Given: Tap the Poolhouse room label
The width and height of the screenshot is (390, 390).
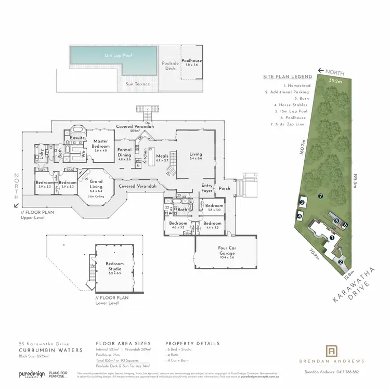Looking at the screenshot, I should click(x=192, y=63).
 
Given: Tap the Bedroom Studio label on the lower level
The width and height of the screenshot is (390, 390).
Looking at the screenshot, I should click(x=115, y=267).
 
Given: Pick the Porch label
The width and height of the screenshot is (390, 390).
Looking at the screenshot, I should click(x=225, y=188).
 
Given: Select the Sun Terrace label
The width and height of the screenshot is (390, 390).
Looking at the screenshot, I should click(x=138, y=84).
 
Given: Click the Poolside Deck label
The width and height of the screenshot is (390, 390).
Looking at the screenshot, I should click(x=170, y=65).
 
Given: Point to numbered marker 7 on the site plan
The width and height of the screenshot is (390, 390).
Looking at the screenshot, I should click(x=321, y=196).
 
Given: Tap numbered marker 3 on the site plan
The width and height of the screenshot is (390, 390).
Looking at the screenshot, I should click(x=302, y=202).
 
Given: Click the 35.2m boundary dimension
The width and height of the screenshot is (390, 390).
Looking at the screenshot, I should click(x=335, y=81).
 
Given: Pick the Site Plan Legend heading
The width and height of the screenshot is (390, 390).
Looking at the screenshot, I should click(x=288, y=77).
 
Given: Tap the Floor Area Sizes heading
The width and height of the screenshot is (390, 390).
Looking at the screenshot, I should click(x=123, y=344).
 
